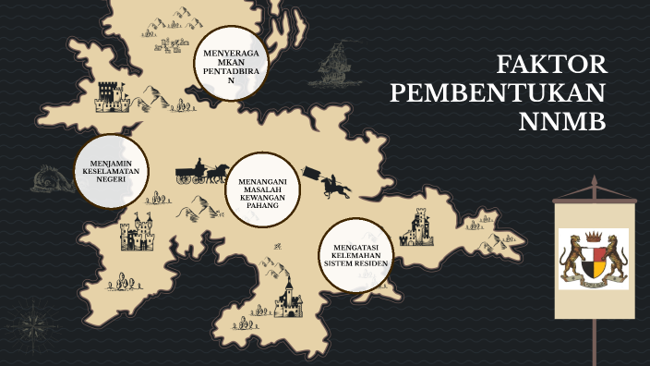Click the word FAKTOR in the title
coord(551,65)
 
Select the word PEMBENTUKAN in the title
coord(498,93)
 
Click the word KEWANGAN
coord(263,197)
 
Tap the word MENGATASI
coord(355,247)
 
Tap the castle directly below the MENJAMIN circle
coord(136,233)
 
